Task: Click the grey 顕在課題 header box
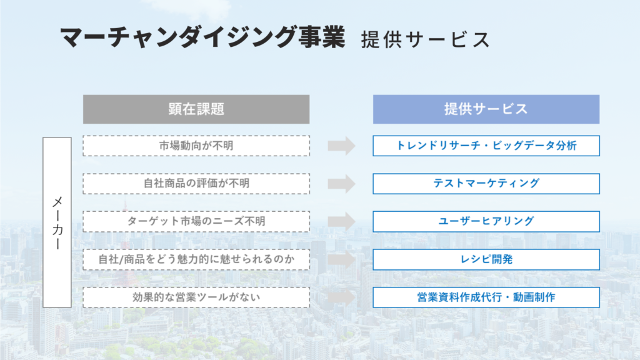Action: point(196,109)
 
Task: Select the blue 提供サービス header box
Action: point(486,109)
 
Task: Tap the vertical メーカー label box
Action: point(57,222)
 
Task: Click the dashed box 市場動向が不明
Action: point(196,146)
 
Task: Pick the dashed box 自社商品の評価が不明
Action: point(196,184)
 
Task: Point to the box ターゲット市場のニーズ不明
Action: point(196,222)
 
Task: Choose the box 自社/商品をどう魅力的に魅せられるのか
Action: point(196,259)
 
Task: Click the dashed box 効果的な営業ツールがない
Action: point(196,297)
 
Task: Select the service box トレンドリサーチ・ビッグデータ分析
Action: point(486,146)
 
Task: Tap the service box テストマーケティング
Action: point(486,184)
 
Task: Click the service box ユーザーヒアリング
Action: point(486,222)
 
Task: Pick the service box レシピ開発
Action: point(486,259)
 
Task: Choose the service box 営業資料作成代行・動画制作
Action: point(486,297)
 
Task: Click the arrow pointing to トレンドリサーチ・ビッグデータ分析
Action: point(342,146)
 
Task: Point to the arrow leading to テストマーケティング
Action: point(342,184)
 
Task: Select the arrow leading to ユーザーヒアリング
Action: point(342,222)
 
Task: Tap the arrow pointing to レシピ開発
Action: point(342,259)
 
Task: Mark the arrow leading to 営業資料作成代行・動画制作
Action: point(342,297)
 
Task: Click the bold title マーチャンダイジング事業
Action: point(203,37)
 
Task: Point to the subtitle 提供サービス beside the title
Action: point(425,39)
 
